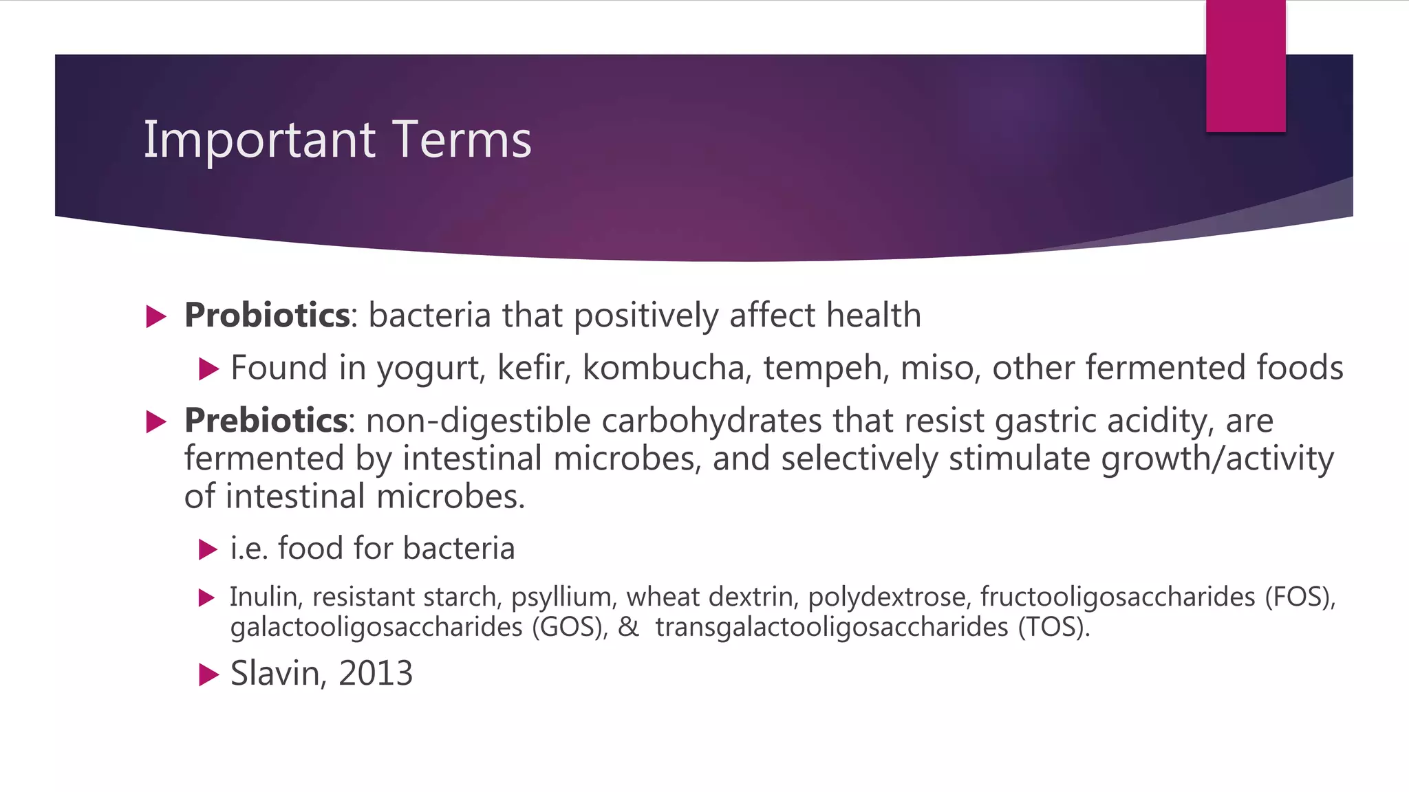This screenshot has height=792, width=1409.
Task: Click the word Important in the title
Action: (259, 140)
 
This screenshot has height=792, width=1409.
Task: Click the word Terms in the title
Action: (462, 140)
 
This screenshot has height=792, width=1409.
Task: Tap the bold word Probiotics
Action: (267, 316)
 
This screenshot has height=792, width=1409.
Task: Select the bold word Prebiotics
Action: (266, 420)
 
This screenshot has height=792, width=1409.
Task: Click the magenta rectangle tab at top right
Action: (1245, 66)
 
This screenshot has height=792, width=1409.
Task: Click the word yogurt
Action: (431, 369)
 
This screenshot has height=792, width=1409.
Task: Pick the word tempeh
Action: (826, 369)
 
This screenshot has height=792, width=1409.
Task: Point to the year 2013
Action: (376, 673)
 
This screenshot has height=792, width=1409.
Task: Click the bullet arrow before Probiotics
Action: (157, 317)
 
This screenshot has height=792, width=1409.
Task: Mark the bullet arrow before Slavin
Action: (208, 674)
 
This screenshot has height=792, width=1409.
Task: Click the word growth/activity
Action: (1218, 459)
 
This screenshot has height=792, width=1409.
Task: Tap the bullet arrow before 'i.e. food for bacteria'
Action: (208, 549)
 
